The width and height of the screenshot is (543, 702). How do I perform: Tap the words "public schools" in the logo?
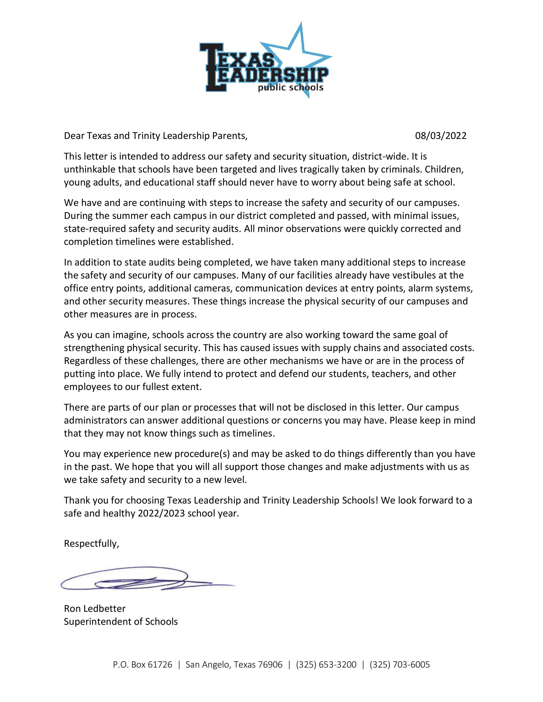(x=290, y=87)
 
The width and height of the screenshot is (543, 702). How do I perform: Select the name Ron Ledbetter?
(x=95, y=608)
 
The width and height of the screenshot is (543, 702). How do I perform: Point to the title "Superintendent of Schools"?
(x=121, y=622)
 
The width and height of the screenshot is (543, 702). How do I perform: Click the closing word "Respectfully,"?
(x=91, y=543)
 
